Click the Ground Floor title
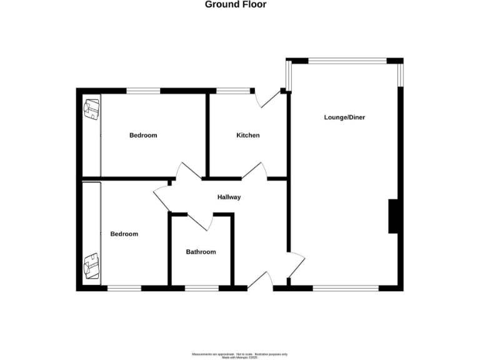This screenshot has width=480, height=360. point(236,4)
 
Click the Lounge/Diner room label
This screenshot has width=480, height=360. point(344,117)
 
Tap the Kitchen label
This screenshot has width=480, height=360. point(247,136)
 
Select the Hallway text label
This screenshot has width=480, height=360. point(229,197)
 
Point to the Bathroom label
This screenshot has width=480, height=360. point(201,252)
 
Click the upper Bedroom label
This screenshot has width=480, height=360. point(143,136)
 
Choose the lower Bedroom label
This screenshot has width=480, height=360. point(124,234)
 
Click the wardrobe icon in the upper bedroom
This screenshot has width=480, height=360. point(92,110)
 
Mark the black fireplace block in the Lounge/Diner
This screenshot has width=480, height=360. point(394,216)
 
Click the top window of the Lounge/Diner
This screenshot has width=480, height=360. point(347,61)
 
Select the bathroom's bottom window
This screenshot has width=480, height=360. point(201,288)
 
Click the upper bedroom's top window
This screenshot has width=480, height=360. point(144,91)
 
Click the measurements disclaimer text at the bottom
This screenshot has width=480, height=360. point(239,354)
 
